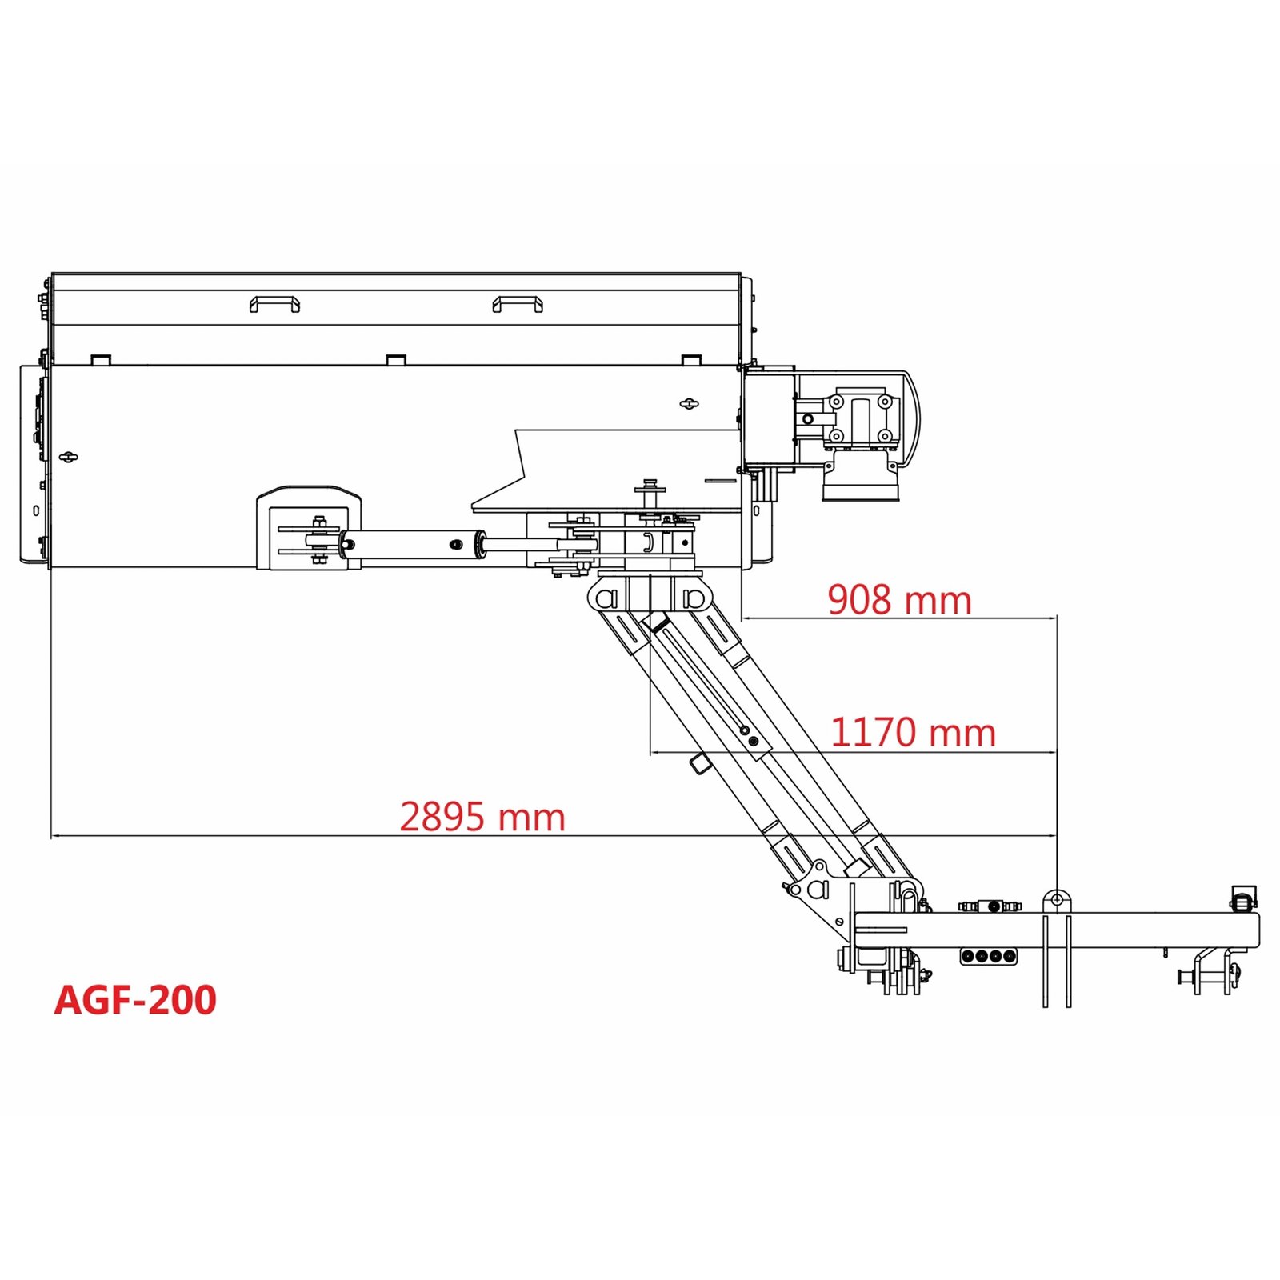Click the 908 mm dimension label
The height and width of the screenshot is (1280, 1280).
[x=899, y=600]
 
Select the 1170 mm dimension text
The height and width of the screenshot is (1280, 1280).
[x=913, y=733]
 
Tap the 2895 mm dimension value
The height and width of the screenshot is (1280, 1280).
[x=482, y=818]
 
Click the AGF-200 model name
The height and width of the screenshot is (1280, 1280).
[x=135, y=1000]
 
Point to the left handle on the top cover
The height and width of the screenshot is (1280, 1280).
[x=274, y=304]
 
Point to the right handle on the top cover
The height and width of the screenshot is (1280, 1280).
[x=518, y=304]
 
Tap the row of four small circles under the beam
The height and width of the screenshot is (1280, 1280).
[x=989, y=956]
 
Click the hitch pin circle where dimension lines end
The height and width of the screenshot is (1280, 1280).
[x=1057, y=900]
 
